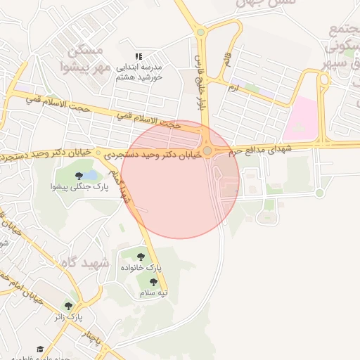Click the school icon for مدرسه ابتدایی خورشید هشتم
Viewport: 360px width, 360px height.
click(x=139, y=56)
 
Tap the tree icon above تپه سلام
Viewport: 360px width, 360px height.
click(x=153, y=282)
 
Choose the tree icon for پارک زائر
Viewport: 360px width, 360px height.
click(x=68, y=306)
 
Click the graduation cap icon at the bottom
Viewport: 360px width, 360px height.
click(x=40, y=349)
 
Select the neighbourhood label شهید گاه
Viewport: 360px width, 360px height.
click(x=105, y=264)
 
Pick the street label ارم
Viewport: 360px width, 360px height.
click(x=233, y=89)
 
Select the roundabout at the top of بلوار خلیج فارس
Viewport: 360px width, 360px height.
click(x=201, y=31)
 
